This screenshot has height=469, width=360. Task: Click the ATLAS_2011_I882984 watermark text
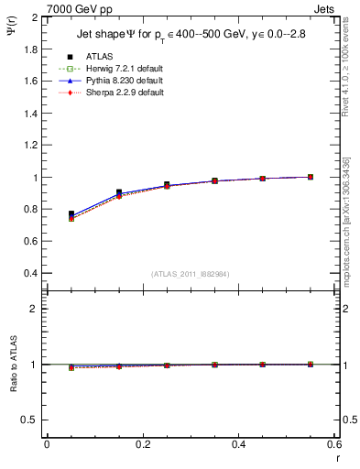point(191,275)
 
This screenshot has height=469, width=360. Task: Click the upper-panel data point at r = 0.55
point(311,177)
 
